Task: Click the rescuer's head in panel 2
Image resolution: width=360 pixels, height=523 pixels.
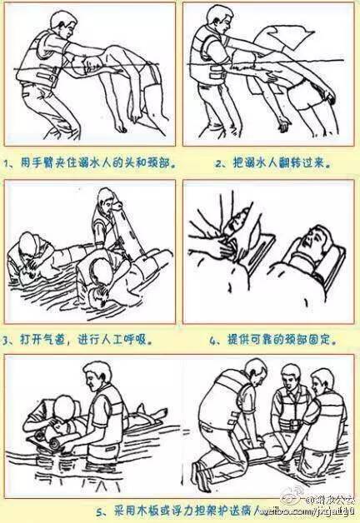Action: [219, 19]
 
